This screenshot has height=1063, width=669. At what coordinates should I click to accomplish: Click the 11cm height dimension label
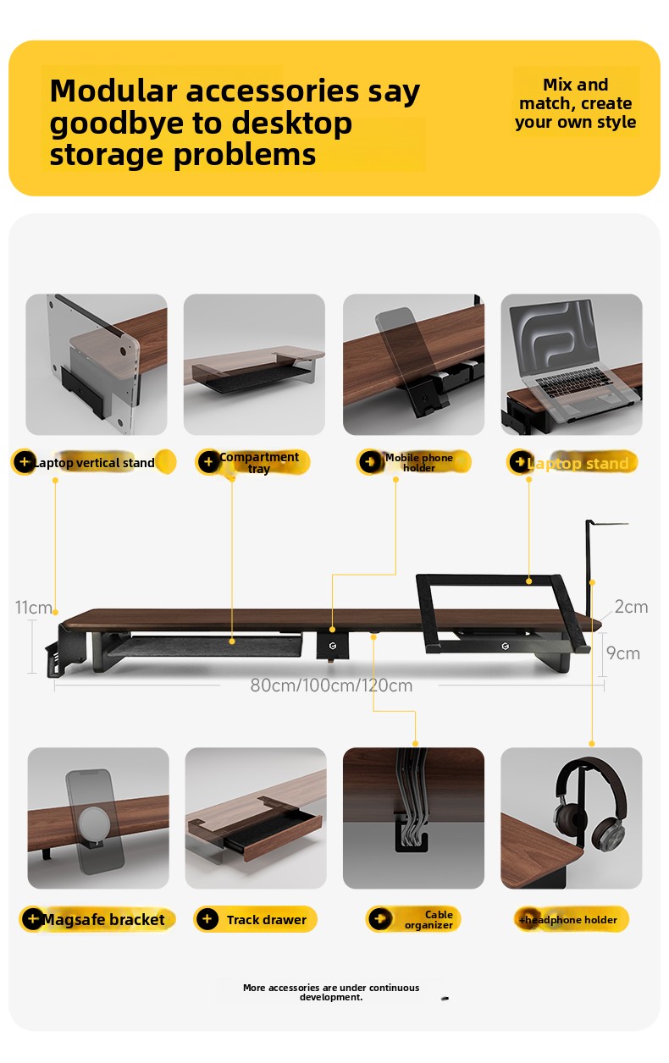click(x=33, y=607)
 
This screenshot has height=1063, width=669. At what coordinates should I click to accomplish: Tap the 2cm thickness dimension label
click(x=631, y=607)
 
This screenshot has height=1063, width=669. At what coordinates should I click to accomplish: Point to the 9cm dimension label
click(x=623, y=653)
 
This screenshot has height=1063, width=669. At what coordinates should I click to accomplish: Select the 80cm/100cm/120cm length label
click(x=331, y=686)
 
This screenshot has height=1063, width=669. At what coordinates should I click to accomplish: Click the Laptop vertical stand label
click(x=94, y=463)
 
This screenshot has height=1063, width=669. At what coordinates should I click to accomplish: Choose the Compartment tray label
click(x=259, y=463)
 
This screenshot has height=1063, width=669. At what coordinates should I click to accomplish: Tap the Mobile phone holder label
click(x=419, y=463)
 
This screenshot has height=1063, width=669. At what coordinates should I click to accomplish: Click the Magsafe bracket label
click(x=103, y=920)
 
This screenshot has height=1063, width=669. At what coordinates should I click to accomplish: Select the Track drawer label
click(x=267, y=920)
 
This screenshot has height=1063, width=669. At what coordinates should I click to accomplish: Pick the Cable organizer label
click(x=428, y=920)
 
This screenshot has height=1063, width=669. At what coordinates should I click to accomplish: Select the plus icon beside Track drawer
click(x=207, y=919)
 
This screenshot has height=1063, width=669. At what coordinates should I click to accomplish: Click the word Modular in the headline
click(x=113, y=91)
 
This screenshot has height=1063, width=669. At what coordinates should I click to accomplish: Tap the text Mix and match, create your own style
click(x=576, y=103)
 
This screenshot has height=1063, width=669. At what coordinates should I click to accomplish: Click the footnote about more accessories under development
click(x=331, y=992)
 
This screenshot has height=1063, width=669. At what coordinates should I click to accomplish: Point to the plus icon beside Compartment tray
click(x=208, y=461)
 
